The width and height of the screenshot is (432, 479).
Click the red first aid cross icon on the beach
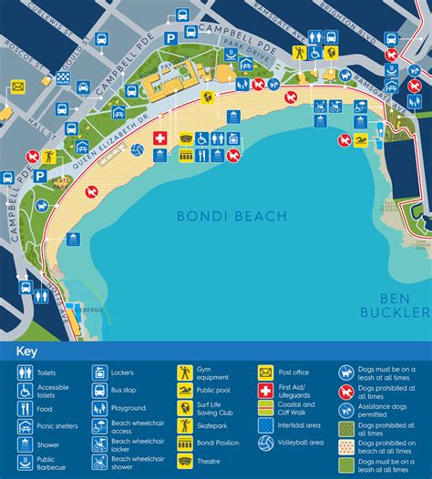click(x=160, y=138)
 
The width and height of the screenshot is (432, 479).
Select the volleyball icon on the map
click(x=137, y=149)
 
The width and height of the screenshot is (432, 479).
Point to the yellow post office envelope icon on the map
click(x=17, y=87)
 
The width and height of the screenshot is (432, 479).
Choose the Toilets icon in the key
click(x=25, y=372)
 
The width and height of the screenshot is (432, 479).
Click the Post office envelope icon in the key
click(x=265, y=372)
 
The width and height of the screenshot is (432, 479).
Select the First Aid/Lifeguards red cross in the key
click(x=265, y=391)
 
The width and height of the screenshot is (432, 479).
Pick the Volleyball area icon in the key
click(x=265, y=443)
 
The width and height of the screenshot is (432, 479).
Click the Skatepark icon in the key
click(x=185, y=425)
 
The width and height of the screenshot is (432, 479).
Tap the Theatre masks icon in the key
click(x=185, y=460)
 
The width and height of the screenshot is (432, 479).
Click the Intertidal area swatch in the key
click(x=265, y=425)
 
